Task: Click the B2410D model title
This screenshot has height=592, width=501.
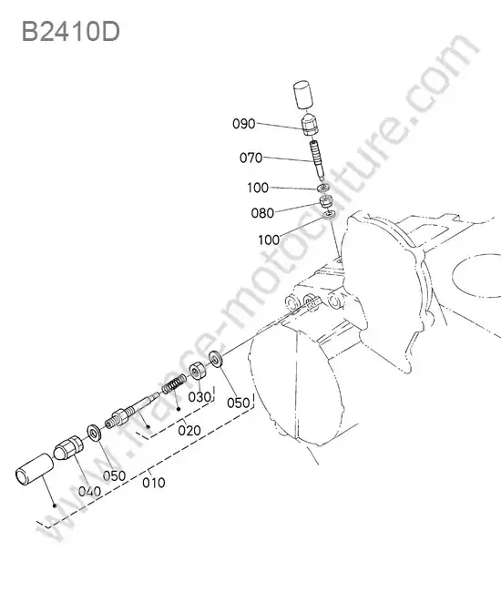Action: tap(71, 31)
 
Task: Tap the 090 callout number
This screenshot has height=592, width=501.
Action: tap(244, 124)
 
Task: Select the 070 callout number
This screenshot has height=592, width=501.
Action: tap(251, 158)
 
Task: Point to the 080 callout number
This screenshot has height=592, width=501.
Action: tap(262, 213)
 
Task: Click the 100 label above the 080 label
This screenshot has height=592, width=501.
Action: tap(258, 188)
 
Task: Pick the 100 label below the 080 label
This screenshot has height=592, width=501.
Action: tap(269, 240)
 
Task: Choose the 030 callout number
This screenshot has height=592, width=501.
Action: tap(199, 397)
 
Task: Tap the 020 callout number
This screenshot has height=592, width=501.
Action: tap(189, 431)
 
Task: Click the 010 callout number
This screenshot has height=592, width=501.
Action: tap(154, 483)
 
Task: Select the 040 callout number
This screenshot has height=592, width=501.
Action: tap(90, 491)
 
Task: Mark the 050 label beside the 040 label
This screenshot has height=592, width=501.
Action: tap(114, 475)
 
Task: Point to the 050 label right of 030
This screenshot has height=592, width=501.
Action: tap(239, 403)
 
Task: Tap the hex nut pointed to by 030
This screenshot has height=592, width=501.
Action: tap(197, 371)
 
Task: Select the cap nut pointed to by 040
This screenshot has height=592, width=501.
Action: tap(68, 447)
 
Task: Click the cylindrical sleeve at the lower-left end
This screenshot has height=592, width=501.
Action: tap(35, 470)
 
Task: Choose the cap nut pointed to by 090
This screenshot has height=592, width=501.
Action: tap(309, 124)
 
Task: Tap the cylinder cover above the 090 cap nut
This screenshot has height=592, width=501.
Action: tap(302, 95)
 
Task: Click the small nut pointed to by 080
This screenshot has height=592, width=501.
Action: tap(326, 201)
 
